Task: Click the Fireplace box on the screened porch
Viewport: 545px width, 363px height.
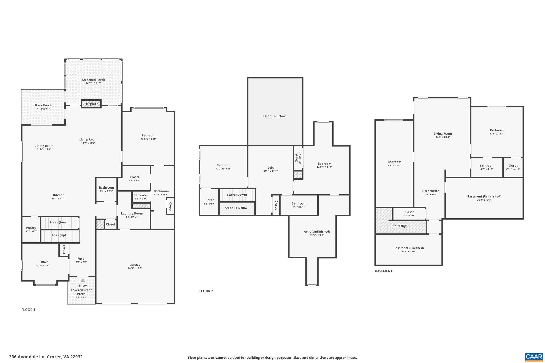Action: (91, 104)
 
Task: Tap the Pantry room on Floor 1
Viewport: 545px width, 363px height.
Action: (31, 229)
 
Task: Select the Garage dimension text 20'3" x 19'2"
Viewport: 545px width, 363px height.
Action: (135, 268)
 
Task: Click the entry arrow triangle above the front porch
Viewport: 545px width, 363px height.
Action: (83, 280)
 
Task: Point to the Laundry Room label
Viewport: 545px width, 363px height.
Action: (132, 213)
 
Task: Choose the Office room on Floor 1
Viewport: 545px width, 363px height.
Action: (44, 264)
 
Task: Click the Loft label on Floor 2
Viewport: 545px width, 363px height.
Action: (270, 168)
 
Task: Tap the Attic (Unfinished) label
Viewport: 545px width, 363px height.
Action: (317, 231)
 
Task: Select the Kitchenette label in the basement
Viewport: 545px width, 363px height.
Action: (430, 191)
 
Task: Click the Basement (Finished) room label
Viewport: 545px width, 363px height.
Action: (408, 248)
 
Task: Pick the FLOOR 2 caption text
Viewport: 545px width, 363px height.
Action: (206, 291)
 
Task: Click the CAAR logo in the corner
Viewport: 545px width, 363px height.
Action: (534, 357)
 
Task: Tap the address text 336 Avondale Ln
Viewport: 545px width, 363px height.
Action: (46, 357)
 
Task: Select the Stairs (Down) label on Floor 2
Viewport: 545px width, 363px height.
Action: (237, 195)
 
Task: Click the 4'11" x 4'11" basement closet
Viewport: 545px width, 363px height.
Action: (513, 167)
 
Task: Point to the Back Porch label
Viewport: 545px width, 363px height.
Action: (43, 105)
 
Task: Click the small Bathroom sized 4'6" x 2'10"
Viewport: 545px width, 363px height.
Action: (141, 197)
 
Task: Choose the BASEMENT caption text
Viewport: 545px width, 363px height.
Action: (383, 271)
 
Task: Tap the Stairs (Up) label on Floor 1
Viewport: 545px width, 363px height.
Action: (58, 235)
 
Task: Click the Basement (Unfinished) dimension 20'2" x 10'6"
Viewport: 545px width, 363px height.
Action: (484, 200)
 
